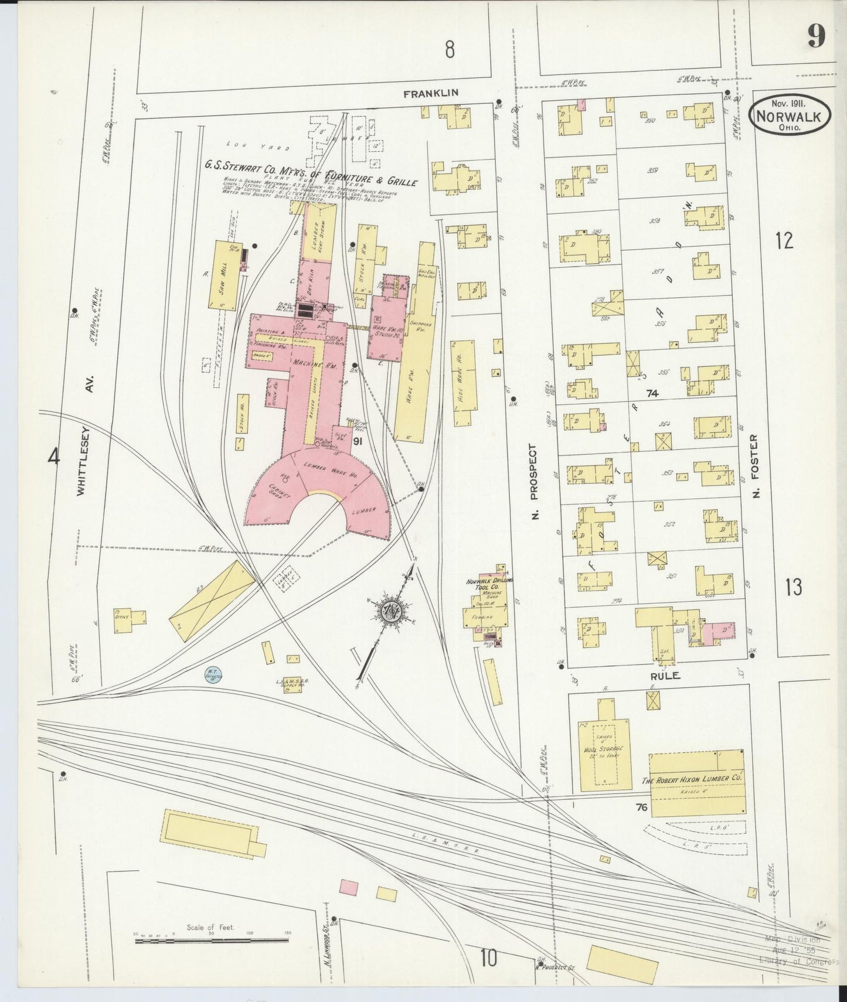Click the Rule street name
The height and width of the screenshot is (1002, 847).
pos(665,676)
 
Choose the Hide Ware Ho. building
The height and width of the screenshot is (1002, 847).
pos(464,382)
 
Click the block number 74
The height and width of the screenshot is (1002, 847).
pos(652,394)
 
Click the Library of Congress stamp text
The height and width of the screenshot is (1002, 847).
pos(798,961)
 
